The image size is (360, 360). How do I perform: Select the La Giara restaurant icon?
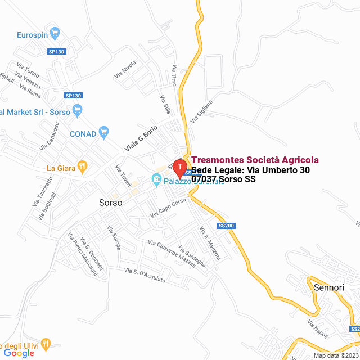point(82,166)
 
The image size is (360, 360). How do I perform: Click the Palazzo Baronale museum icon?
point(156,181)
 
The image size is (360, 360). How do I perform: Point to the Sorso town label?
point(110,202)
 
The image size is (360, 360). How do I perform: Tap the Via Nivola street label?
point(125,69)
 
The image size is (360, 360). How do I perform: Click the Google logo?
point(19,353)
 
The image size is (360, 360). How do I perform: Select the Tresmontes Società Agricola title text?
point(255,160)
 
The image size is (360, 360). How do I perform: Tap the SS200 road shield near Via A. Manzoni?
point(226,226)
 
